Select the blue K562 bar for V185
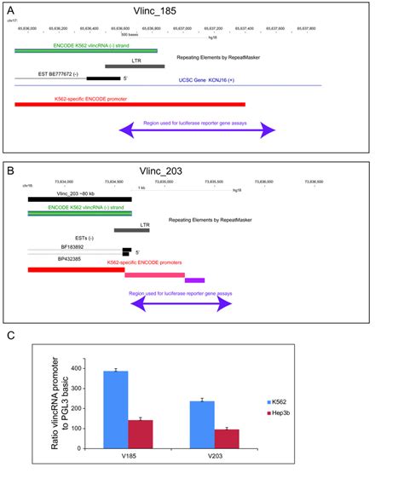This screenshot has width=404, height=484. (115, 410)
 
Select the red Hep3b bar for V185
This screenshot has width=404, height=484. (140, 434)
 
